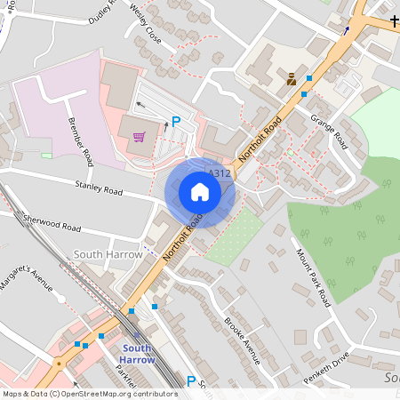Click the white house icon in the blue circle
point(200,191)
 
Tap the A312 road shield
point(220,173)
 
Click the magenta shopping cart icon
point(139,137)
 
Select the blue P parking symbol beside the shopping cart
point(176,122)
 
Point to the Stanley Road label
point(99,189)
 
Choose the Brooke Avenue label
point(242,340)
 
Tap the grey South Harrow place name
point(108,254)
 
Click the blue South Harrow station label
point(138,354)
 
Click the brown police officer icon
point(292,79)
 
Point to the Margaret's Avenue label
point(28,284)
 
